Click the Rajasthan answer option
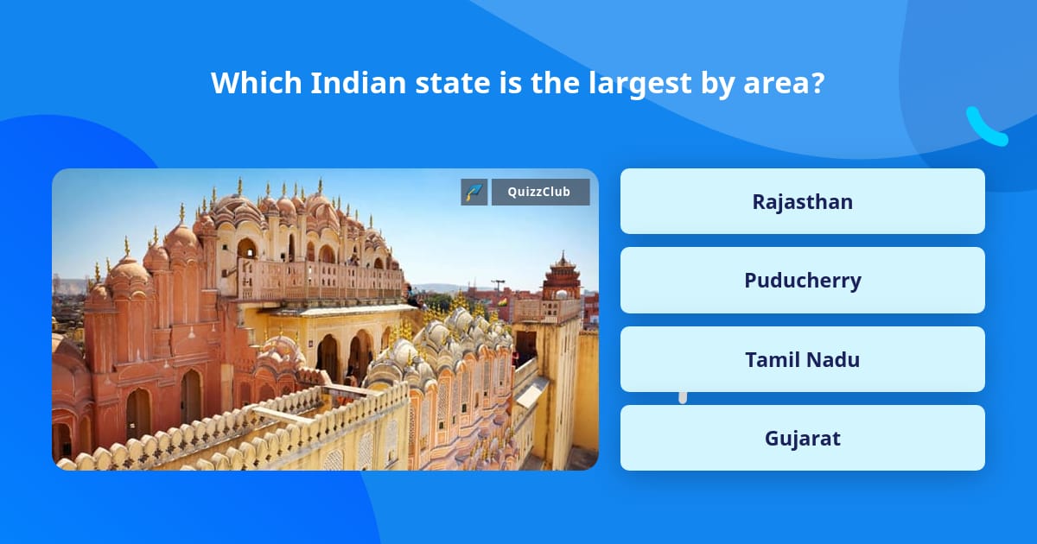pyautogui.click(x=802, y=201)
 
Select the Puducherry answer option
pyautogui.click(x=802, y=281)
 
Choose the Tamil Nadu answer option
pyautogui.click(x=802, y=359)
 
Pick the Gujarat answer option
pyautogui.click(x=802, y=438)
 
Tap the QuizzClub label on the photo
pyautogui.click(x=541, y=192)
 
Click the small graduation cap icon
pyautogui.click(x=474, y=192)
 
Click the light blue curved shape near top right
pyautogui.click(x=986, y=127)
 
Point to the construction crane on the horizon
pyautogui.click(x=498, y=284)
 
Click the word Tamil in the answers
pyautogui.click(x=772, y=359)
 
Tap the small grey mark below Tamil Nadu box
pyautogui.click(x=683, y=397)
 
